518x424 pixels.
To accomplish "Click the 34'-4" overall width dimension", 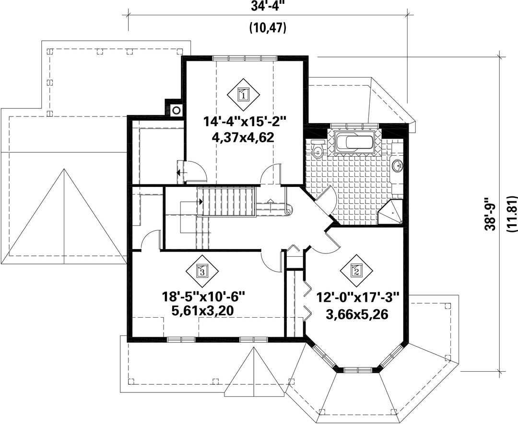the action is coord(267,7).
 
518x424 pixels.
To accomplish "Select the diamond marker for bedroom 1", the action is coord(244,95).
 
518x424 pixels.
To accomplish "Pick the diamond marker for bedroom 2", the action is coord(357,271).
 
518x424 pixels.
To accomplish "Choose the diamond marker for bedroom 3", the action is coord(202,271).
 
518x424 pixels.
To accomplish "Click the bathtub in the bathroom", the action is coord(354,143).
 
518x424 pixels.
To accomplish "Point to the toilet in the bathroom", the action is coord(318,148).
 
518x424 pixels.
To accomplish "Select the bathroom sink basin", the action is coord(397,165).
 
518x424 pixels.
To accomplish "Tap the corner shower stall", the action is coord(390,212).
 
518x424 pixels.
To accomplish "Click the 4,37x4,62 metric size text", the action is coord(244,137).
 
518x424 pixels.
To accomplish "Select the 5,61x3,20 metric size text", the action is coord(202,310).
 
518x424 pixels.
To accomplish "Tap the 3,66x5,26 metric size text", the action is coord(357,314).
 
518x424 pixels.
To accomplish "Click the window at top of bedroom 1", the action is coord(245,58).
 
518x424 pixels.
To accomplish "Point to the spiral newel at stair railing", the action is coord(289,209).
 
